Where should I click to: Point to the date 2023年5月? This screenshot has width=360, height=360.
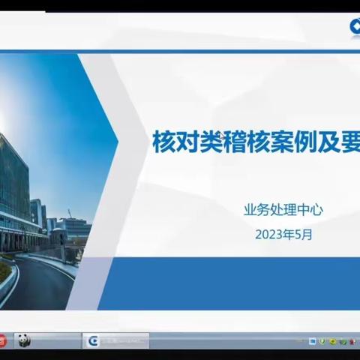pos(283,233)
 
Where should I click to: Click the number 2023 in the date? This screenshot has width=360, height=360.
pos(269,233)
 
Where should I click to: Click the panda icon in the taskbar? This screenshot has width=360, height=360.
pos(23,340)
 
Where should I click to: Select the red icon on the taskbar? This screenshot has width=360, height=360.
pos(4,340)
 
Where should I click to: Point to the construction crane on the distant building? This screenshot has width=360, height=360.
pos(70,214)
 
